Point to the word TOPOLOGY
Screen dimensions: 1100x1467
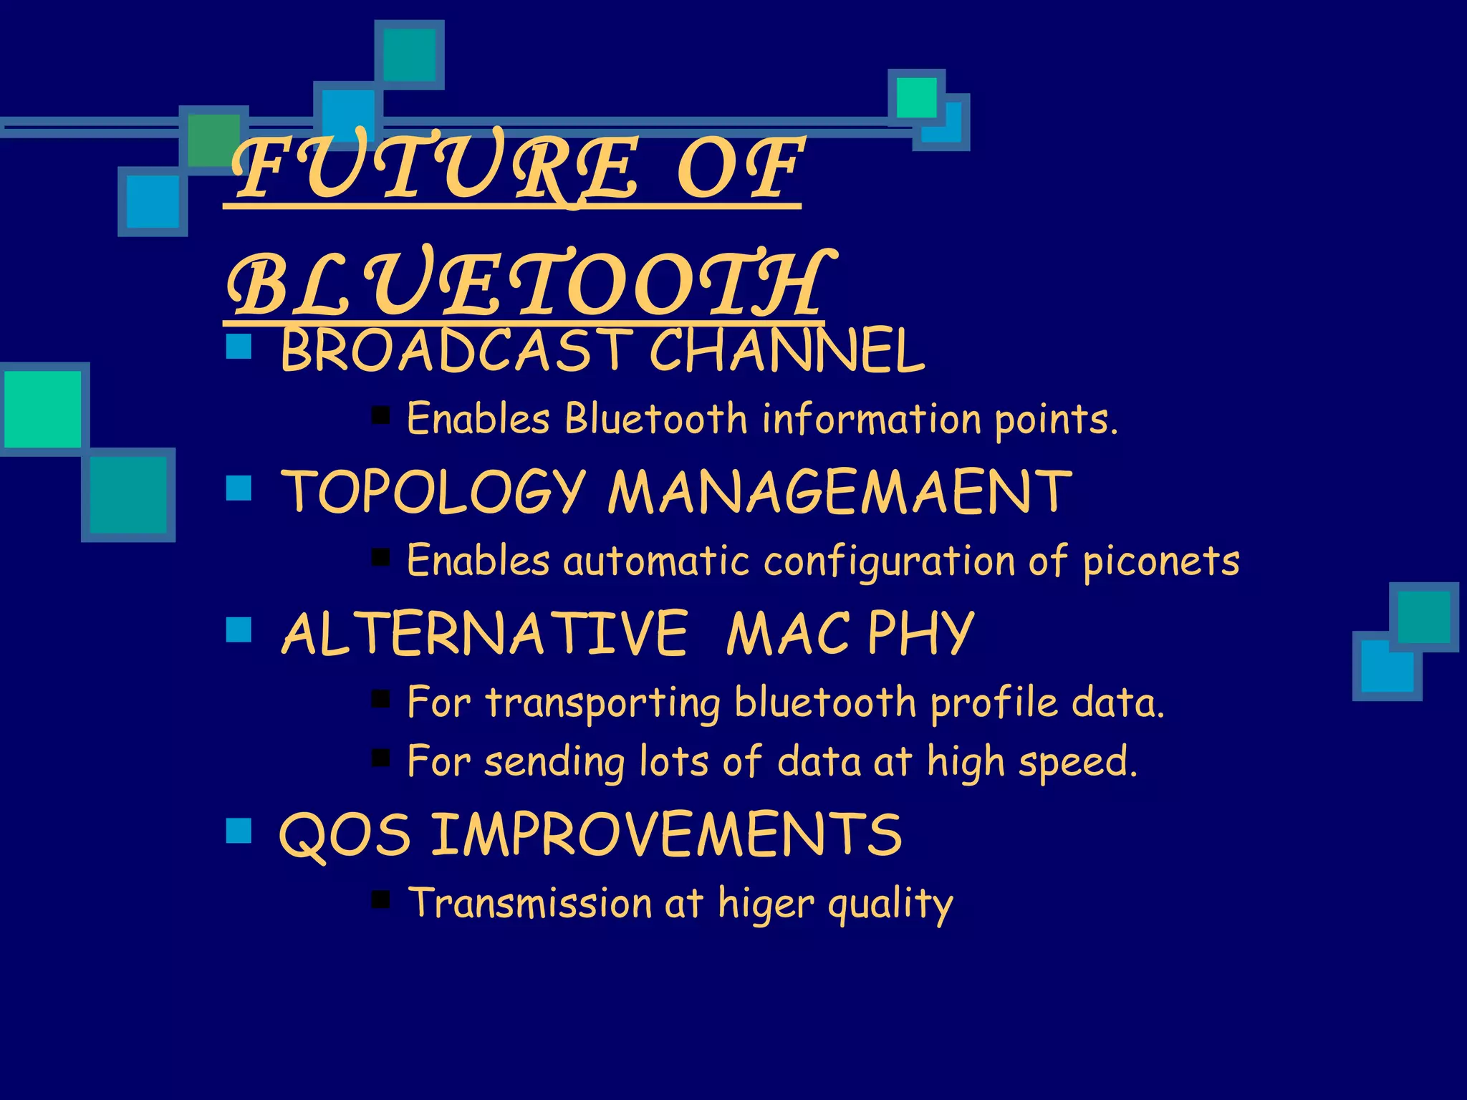[433, 492]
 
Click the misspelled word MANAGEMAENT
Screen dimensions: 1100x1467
[840, 492]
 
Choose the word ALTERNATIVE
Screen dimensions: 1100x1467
[485, 634]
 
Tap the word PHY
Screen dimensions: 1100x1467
[920, 634]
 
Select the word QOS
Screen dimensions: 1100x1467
[345, 835]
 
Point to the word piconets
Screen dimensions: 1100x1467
[1161, 561]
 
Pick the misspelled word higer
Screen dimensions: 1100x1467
[766, 904]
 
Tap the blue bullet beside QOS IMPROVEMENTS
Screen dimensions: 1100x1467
[239, 831]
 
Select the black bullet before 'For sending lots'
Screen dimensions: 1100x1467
[380, 758]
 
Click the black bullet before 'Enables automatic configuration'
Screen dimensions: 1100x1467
[380, 556]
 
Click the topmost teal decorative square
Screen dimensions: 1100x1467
[409, 55]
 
